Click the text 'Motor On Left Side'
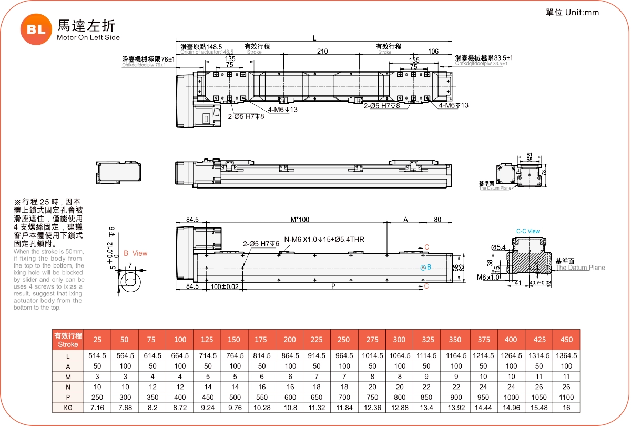[88, 38]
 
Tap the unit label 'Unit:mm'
[582, 13]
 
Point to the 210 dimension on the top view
[322, 52]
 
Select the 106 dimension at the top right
[433, 52]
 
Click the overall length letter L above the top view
[314, 38]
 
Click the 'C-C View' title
[527, 231]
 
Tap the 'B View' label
[135, 253]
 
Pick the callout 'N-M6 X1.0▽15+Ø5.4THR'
[324, 240]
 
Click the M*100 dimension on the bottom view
[300, 219]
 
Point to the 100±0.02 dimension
[224, 286]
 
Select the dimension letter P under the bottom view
[333, 286]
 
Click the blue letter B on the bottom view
[429, 268]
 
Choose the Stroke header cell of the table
[68, 340]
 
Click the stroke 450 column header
[566, 340]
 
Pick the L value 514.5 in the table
[97, 356]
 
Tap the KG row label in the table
[68, 408]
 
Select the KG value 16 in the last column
[566, 408]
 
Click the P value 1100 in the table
[566, 397]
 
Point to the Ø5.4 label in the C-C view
[498, 247]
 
